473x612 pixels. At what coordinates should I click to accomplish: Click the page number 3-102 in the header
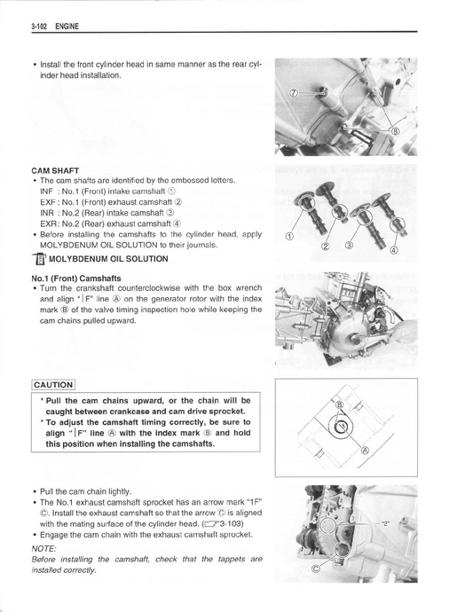click(39, 27)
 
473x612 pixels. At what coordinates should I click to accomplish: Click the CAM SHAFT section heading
click(55, 170)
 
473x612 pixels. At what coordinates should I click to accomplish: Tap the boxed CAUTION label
click(53, 385)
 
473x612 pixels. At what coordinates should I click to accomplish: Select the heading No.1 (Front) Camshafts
click(76, 279)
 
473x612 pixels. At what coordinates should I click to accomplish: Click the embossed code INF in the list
click(46, 192)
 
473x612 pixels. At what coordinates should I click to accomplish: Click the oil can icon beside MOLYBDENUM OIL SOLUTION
click(39, 260)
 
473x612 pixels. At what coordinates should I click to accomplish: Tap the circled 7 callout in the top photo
click(296, 93)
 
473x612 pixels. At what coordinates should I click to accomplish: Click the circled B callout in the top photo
click(395, 131)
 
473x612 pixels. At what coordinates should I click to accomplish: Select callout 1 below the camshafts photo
click(289, 236)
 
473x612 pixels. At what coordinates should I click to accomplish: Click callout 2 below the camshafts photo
click(326, 246)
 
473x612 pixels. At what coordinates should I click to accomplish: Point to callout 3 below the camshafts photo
click(349, 246)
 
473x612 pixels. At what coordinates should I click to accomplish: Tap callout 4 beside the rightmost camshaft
click(394, 250)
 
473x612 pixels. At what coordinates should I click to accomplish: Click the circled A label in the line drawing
click(366, 451)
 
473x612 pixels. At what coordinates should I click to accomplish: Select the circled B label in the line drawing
click(340, 404)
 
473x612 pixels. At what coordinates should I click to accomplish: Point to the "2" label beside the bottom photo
click(385, 524)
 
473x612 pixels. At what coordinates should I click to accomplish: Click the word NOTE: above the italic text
click(43, 548)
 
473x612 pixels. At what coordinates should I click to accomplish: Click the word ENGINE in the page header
click(67, 27)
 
